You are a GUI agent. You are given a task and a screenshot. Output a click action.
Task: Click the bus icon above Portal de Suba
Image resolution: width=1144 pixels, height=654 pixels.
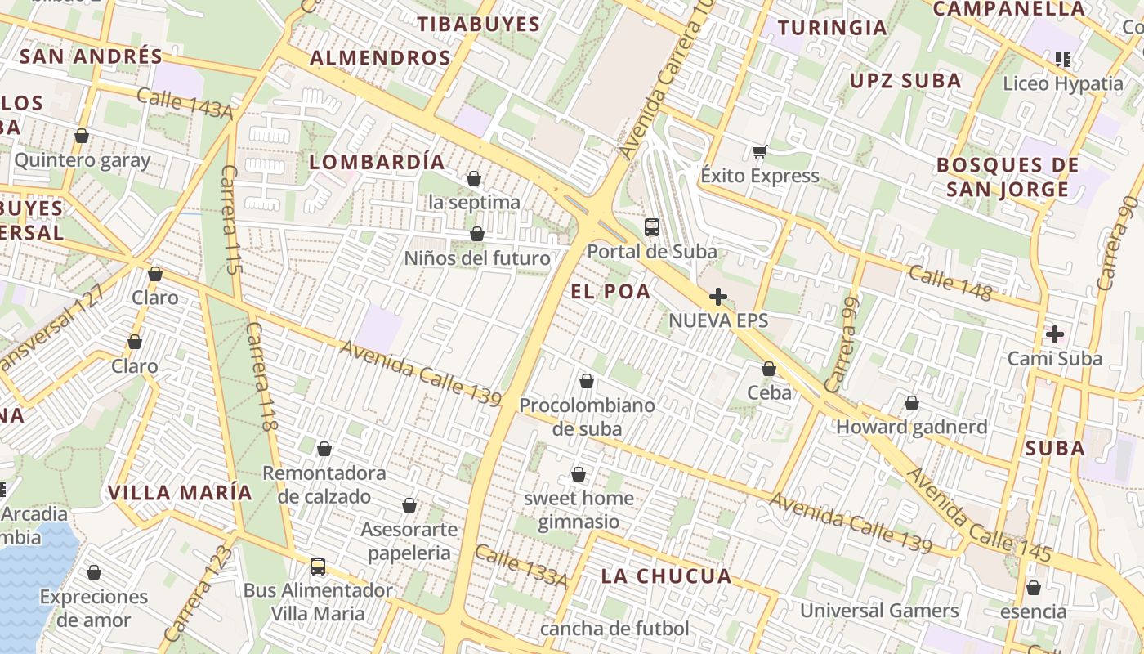click(x=651, y=227)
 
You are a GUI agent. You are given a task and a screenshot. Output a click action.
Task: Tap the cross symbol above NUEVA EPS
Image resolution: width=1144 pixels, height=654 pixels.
click(x=718, y=297)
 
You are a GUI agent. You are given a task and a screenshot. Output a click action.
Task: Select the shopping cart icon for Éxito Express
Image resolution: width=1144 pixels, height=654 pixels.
click(x=760, y=151)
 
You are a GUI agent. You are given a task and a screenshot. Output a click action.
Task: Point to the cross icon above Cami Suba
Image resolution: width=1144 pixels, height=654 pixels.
click(x=1054, y=334)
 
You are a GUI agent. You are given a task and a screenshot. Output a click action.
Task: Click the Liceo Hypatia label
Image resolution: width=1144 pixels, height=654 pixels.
click(x=1062, y=83)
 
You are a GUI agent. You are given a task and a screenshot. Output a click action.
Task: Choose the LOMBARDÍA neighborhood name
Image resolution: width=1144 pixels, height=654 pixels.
click(x=378, y=162)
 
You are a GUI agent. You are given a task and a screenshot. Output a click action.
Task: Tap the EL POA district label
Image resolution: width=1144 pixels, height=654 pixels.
click(x=610, y=292)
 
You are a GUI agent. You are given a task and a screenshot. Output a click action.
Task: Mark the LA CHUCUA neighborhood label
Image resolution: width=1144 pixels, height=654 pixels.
click(x=666, y=576)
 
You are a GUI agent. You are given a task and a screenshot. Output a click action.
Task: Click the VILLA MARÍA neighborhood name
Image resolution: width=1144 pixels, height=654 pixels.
click(x=181, y=493)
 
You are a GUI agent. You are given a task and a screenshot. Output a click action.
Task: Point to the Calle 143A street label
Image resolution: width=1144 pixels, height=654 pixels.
click(x=185, y=103)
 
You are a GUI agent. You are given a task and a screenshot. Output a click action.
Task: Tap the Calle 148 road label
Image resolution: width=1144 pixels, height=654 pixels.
click(x=950, y=283)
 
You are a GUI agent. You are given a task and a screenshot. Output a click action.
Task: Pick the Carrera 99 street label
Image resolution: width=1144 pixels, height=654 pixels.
click(x=842, y=343)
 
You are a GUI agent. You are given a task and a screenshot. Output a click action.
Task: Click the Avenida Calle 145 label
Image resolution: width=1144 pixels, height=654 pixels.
click(x=979, y=515)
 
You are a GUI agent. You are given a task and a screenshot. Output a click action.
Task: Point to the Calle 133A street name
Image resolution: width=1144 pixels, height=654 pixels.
click(x=521, y=566)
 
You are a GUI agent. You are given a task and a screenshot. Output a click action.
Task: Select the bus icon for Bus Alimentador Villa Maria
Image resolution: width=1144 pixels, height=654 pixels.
click(x=317, y=566)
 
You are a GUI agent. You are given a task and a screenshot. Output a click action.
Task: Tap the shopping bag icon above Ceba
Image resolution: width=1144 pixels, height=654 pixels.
click(x=768, y=370)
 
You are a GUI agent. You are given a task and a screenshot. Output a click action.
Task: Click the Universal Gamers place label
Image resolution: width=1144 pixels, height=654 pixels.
click(x=879, y=611)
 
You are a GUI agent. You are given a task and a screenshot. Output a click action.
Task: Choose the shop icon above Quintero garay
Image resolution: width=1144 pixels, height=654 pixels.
click(x=81, y=136)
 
